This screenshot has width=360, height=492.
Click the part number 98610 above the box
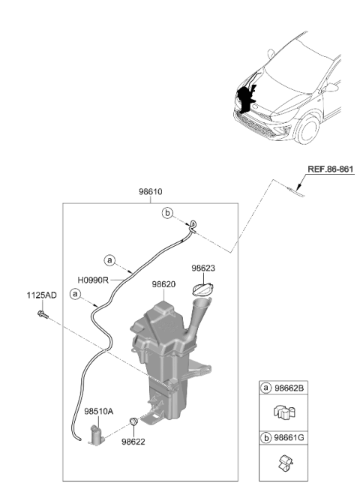[x=151, y=192]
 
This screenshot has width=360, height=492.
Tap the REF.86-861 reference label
[x=330, y=169]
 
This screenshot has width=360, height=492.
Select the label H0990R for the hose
[x=93, y=280]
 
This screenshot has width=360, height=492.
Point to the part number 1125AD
[x=42, y=295]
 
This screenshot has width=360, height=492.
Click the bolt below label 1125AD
[x=43, y=314]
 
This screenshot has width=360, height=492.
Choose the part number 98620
[x=163, y=284]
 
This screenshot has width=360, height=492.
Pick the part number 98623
[x=203, y=268]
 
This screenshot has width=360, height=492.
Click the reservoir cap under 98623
[x=203, y=289]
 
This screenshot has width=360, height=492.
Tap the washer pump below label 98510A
[x=97, y=435]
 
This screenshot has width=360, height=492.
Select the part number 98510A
[x=98, y=412]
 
